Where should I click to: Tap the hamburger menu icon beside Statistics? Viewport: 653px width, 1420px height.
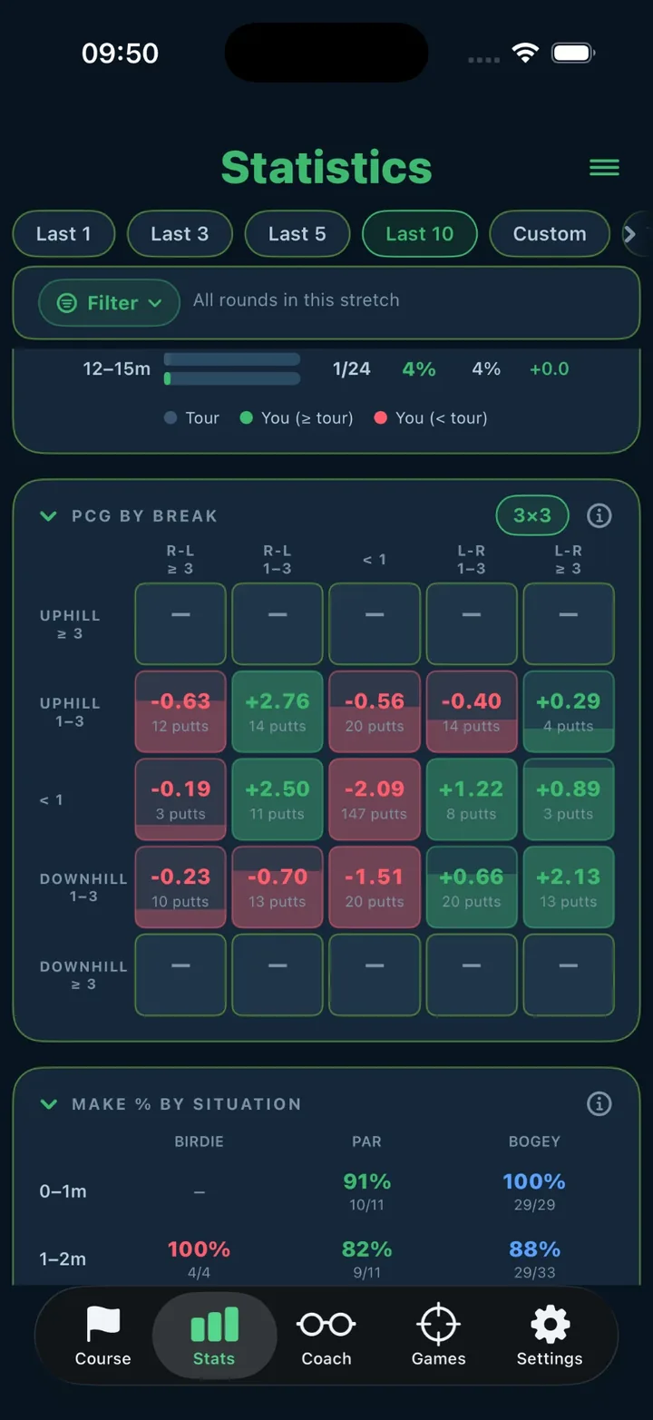(x=604, y=167)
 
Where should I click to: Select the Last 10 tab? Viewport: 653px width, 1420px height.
(x=419, y=234)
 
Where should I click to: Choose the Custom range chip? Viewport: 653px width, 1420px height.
(x=549, y=234)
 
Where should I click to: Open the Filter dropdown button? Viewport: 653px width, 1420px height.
(x=109, y=303)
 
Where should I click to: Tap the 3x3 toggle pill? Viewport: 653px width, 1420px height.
(x=532, y=515)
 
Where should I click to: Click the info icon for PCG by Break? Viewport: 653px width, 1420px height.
(x=599, y=515)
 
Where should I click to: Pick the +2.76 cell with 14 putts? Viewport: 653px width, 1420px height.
(x=278, y=712)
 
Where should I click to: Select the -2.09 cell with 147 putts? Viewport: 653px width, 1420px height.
(x=375, y=799)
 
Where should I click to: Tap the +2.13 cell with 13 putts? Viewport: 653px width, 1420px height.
(x=568, y=886)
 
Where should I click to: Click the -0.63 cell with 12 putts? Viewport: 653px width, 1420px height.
(x=180, y=712)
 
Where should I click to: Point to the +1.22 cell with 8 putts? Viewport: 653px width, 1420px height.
(x=472, y=799)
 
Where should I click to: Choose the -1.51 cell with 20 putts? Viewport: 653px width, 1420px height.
(x=375, y=886)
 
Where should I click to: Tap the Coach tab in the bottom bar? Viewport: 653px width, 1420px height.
(x=326, y=1335)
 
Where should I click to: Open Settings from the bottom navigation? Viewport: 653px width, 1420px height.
(x=549, y=1335)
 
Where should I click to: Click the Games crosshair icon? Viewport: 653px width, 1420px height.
(x=438, y=1324)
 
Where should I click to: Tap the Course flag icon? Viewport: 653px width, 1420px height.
(x=102, y=1324)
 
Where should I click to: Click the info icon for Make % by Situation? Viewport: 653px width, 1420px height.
(x=599, y=1103)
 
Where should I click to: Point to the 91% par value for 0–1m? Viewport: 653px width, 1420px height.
(x=366, y=1181)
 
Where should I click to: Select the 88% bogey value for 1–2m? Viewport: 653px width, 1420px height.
(x=534, y=1249)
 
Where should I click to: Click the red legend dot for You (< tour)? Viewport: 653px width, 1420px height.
(x=381, y=417)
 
